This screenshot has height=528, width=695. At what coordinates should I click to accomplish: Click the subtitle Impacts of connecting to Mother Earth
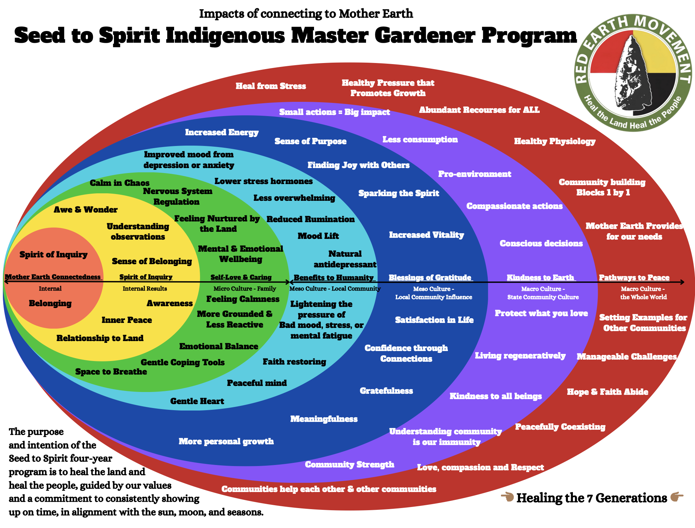(306, 14)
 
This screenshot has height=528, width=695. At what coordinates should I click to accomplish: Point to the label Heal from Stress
(271, 86)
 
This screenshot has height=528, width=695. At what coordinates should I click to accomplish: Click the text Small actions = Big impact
(334, 112)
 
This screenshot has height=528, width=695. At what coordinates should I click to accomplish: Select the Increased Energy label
(221, 132)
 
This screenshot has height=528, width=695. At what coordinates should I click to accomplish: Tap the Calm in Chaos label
(119, 183)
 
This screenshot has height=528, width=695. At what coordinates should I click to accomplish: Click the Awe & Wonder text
(85, 210)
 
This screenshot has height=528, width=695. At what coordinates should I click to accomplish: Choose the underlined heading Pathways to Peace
(634, 277)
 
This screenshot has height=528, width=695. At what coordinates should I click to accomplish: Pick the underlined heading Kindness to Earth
(540, 277)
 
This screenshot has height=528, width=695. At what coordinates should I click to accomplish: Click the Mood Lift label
(318, 236)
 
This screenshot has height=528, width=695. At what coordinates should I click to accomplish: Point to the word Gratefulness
(386, 391)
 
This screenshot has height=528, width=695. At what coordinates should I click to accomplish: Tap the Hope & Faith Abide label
(607, 392)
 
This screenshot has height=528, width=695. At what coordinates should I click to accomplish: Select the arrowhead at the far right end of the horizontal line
(681, 282)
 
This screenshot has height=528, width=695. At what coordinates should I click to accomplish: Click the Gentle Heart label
(197, 401)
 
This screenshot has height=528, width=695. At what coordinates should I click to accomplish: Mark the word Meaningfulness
(324, 419)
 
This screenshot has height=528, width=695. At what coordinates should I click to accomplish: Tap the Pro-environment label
(474, 174)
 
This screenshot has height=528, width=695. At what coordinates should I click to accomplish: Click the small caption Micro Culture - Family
(244, 289)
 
